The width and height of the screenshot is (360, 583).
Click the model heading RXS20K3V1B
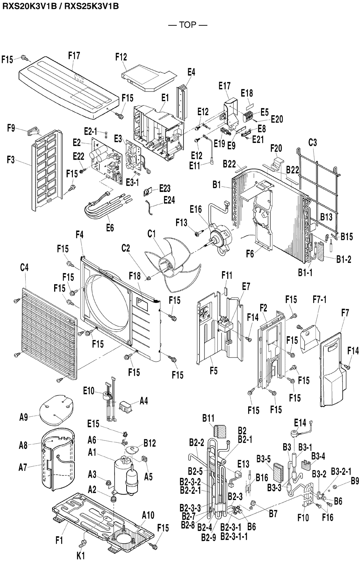click(x=29, y=6)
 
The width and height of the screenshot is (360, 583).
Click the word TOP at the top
click(x=187, y=25)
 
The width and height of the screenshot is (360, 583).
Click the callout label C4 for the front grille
click(x=24, y=268)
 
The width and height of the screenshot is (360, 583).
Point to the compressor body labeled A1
click(x=123, y=476)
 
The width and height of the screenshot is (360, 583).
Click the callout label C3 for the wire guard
click(x=312, y=143)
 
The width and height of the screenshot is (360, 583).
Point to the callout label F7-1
click(x=319, y=299)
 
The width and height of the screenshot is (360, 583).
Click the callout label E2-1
click(x=90, y=131)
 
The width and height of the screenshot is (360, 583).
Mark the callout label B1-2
click(x=344, y=259)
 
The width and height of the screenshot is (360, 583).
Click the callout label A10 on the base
click(x=148, y=515)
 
